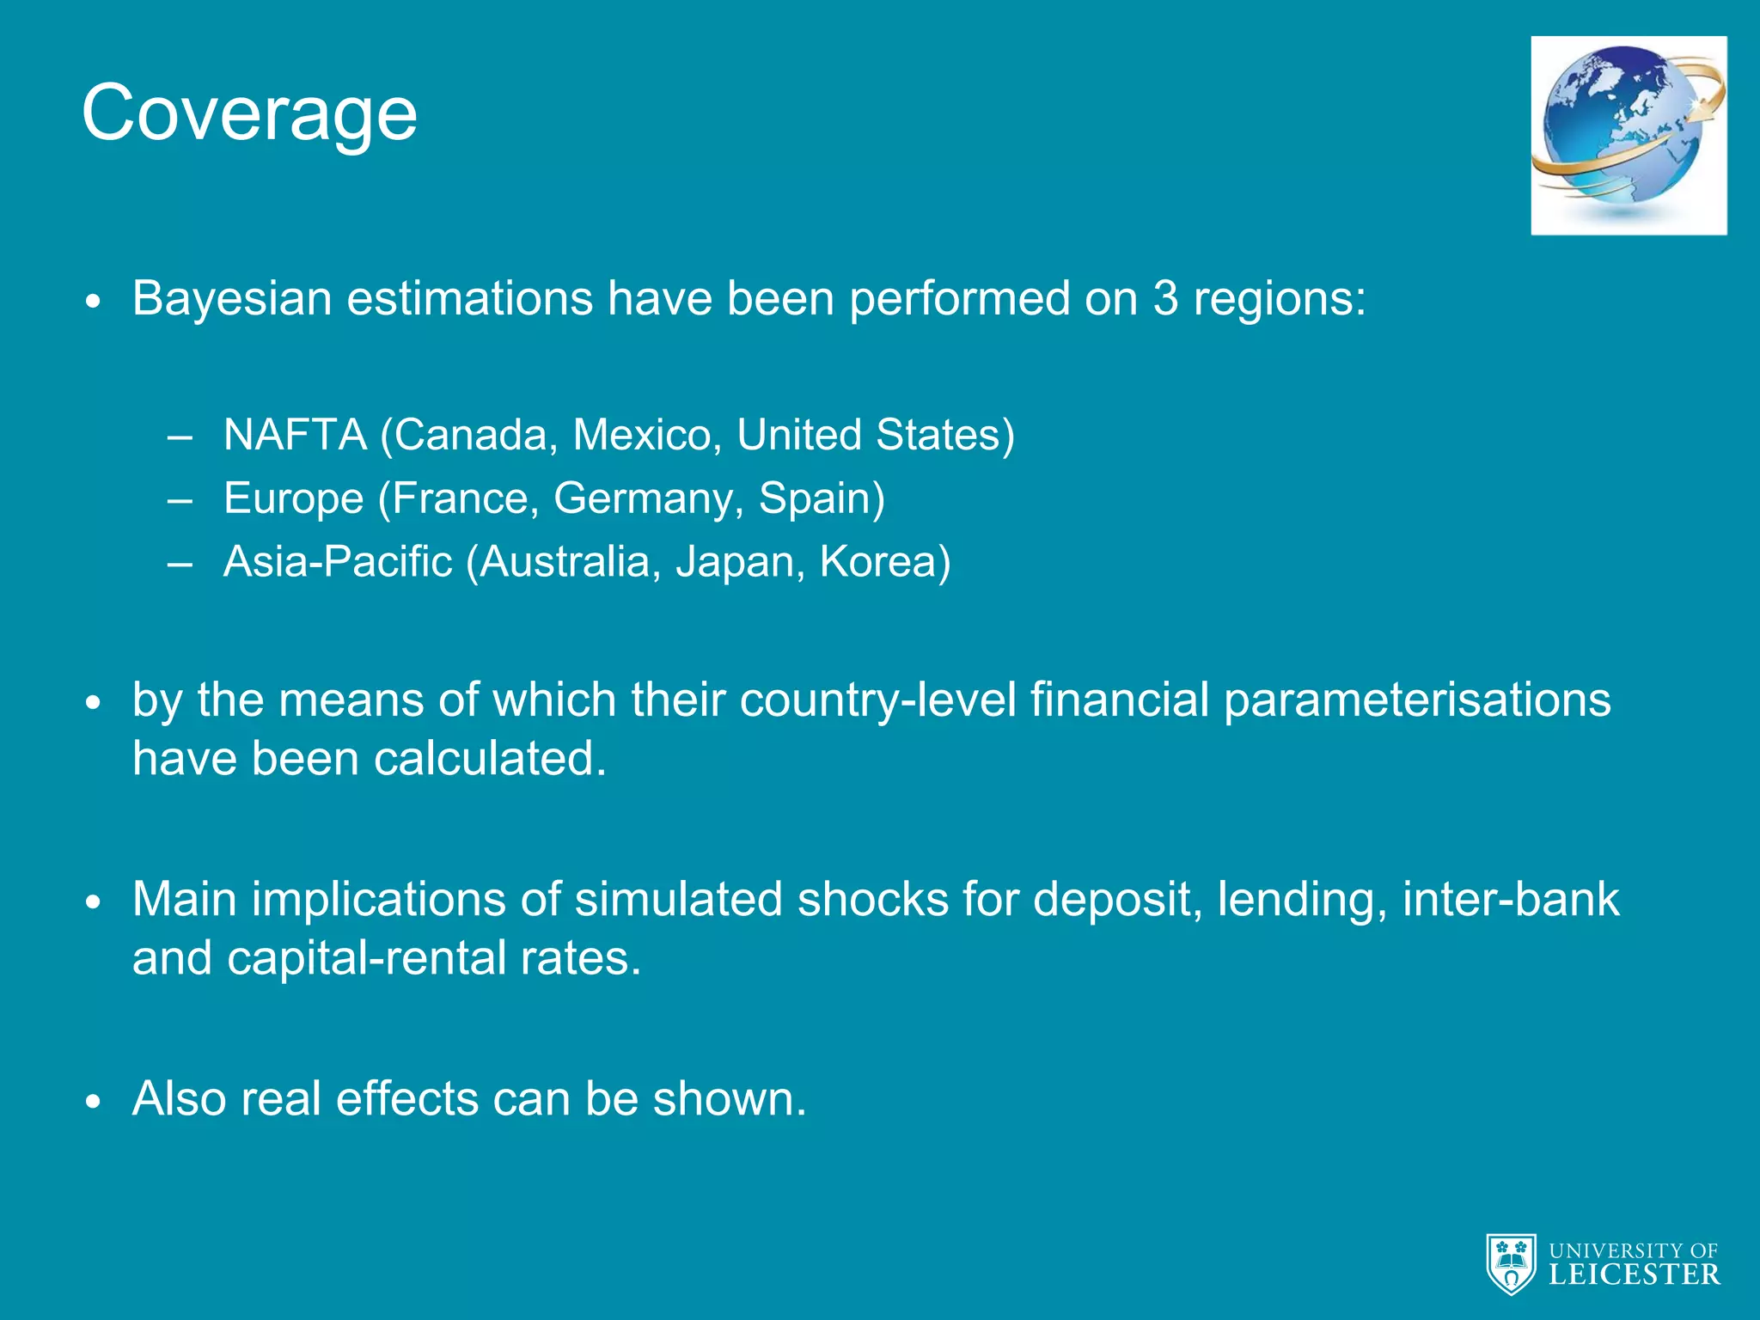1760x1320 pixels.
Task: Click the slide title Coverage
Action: pos(249,113)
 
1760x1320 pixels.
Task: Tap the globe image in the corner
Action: pos(1629,135)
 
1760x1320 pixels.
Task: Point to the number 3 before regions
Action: pos(1165,299)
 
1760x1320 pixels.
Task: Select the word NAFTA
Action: pos(295,435)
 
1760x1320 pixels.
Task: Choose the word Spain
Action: pos(821,499)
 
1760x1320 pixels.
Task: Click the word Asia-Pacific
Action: pos(338,562)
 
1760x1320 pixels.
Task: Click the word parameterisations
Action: pos(1416,700)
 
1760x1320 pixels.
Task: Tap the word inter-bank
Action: pos(1511,900)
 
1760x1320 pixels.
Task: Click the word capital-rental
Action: pos(367,958)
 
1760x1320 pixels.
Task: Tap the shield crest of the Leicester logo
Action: pos(1511,1264)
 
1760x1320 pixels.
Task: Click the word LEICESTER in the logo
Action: pos(1634,1274)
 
